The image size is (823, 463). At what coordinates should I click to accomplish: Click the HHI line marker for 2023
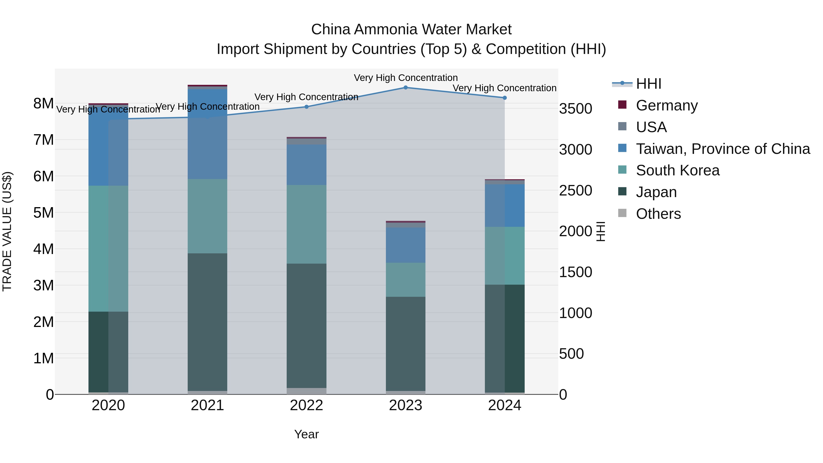point(405,87)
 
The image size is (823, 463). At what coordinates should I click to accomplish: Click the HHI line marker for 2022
point(306,107)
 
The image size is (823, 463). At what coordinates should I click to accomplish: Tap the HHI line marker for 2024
point(505,98)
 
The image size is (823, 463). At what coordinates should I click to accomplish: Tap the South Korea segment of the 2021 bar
point(207,216)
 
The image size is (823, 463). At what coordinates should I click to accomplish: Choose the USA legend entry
point(651,127)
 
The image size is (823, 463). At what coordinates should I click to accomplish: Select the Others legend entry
point(658,214)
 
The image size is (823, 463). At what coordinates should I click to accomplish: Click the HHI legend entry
point(648,84)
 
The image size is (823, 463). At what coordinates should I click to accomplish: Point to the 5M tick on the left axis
point(43,212)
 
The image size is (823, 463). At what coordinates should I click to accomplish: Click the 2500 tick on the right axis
point(575,190)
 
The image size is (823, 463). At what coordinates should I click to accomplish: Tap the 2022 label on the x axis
point(306,405)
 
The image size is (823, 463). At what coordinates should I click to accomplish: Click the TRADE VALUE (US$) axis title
point(7,231)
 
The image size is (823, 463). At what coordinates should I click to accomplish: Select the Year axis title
point(306,434)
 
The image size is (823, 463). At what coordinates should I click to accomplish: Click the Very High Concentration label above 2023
point(405,78)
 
